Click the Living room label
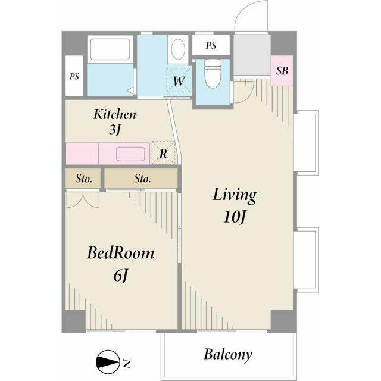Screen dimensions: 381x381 (x=235, y=195)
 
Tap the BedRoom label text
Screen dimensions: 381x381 (x=121, y=253)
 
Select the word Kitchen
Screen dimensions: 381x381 (x=115, y=114)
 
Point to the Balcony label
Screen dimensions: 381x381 (x=228, y=355)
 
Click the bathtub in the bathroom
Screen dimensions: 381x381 (x=110, y=49)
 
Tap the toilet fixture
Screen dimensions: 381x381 (x=213, y=73)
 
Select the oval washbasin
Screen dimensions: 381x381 (x=178, y=49)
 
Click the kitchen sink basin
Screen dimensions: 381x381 (x=130, y=154)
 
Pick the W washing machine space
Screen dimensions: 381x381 (x=179, y=80)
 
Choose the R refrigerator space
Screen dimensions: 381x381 (x=163, y=153)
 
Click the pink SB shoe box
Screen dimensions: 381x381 (x=282, y=71)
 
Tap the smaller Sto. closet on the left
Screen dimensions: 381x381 (x=83, y=179)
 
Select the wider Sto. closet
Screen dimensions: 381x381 (x=141, y=179)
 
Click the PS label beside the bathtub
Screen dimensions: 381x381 (x=74, y=76)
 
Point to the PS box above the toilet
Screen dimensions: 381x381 (x=211, y=45)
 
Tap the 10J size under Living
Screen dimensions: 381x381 (x=235, y=217)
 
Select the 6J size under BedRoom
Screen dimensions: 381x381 (x=120, y=276)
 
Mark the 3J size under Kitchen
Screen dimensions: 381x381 (x=115, y=130)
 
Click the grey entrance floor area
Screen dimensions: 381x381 (x=252, y=55)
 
